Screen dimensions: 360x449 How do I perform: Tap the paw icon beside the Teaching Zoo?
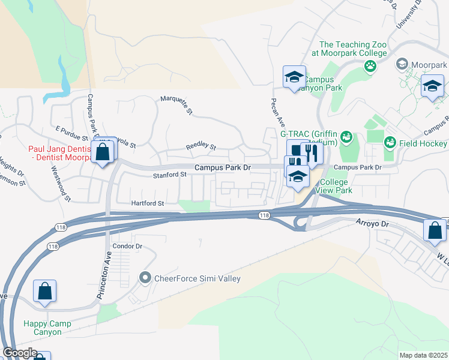(370, 65)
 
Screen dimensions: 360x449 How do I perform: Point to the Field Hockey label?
(423, 143)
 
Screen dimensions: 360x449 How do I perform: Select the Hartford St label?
(148, 203)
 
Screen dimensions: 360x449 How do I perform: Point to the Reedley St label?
(200, 146)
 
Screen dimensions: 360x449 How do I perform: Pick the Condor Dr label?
(127, 246)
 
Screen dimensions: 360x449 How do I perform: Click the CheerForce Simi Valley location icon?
(144, 278)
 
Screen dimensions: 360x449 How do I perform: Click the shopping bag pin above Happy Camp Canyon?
(45, 292)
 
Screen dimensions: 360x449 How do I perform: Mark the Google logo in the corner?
(20, 353)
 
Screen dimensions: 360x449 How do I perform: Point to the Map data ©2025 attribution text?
(423, 355)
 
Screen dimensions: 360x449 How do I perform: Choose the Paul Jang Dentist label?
(59, 153)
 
